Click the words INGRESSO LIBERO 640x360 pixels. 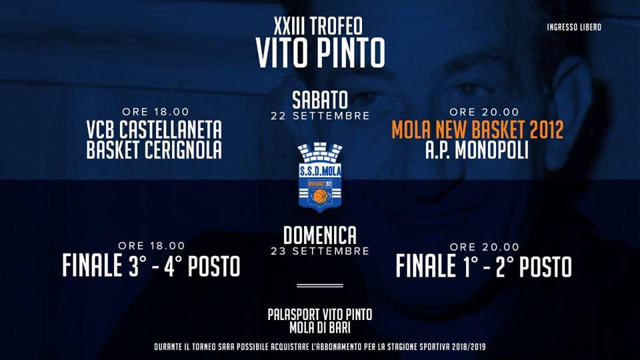click(x=574, y=27)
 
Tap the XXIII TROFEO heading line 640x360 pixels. click(x=318, y=27)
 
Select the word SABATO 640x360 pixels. click(x=320, y=100)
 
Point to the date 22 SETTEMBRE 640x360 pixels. click(x=320, y=116)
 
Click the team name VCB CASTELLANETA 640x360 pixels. click(x=154, y=130)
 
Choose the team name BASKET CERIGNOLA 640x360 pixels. click(x=154, y=150)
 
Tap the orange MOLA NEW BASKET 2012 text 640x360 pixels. click(x=477, y=130)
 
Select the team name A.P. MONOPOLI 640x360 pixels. click(x=477, y=150)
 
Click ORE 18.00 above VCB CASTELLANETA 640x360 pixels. click(x=155, y=112)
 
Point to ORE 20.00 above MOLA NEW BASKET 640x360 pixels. click(x=484, y=112)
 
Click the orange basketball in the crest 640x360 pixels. click(x=321, y=195)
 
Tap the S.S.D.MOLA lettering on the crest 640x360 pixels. click(x=321, y=171)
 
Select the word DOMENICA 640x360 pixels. click(x=320, y=235)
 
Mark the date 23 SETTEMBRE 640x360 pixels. click(x=320, y=251)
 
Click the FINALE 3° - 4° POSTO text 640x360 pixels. click(x=151, y=266)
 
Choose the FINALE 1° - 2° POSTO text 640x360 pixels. click(x=484, y=267)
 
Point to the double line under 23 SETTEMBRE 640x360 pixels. click(x=320, y=286)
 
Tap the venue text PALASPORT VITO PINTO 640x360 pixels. click(x=320, y=315)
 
